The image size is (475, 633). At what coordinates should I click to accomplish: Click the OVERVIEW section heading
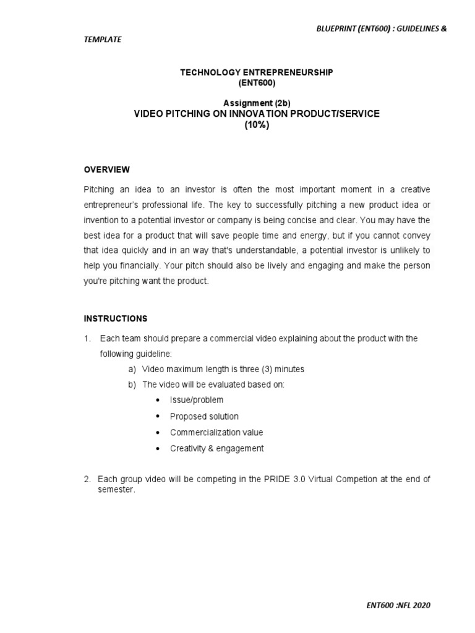pyautogui.click(x=106, y=169)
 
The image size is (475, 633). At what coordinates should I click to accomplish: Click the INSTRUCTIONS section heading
pyautogui.click(x=116, y=319)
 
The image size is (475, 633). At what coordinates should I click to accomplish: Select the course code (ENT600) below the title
pyautogui.click(x=257, y=83)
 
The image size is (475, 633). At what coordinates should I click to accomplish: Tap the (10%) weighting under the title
pyautogui.click(x=257, y=124)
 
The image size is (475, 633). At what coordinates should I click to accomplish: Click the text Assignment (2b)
pyautogui.click(x=257, y=103)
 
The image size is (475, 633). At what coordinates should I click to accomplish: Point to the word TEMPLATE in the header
pyautogui.click(x=103, y=40)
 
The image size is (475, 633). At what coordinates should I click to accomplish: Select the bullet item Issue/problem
pyautogui.click(x=197, y=400)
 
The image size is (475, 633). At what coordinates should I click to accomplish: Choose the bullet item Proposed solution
pyautogui.click(x=204, y=416)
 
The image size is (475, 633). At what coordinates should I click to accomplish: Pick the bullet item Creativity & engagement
pyautogui.click(x=216, y=448)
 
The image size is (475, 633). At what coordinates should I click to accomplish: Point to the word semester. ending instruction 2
pyautogui.click(x=116, y=489)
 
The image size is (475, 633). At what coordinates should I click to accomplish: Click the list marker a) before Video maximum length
pyautogui.click(x=132, y=369)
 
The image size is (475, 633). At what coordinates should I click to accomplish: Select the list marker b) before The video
pyautogui.click(x=132, y=384)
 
